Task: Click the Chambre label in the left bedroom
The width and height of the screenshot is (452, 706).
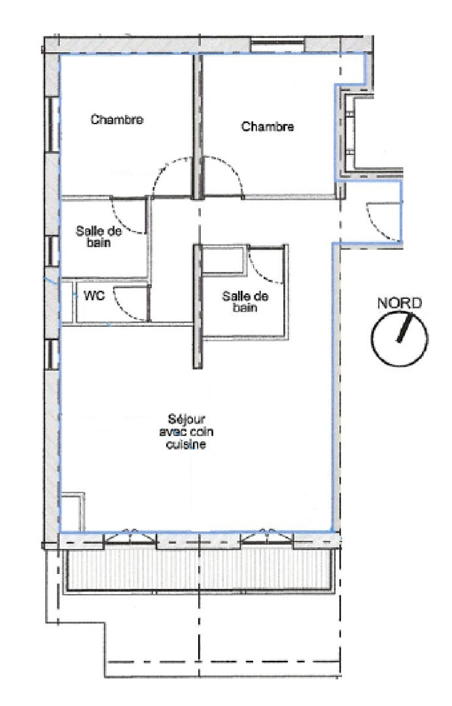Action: coord(117,120)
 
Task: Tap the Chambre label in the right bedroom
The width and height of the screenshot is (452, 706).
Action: coord(268,127)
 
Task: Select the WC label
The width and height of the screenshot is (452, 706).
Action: coord(94,296)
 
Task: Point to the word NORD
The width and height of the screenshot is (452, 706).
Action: coord(399,303)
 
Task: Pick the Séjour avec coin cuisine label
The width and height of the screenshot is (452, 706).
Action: coord(186,432)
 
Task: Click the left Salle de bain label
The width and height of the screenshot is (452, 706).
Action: coord(99,237)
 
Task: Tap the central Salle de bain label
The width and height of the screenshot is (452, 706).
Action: coord(245,301)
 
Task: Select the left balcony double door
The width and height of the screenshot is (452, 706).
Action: coord(130,537)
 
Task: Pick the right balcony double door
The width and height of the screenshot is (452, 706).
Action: coord(268,537)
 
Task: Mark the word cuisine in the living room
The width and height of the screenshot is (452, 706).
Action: coord(186,445)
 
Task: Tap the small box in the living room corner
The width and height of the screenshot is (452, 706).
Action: coord(72,512)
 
